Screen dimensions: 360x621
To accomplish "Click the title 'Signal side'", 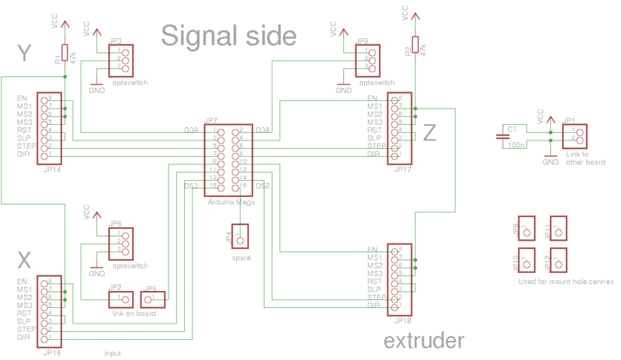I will tap(229, 36).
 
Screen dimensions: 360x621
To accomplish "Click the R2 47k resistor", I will tap(415, 47).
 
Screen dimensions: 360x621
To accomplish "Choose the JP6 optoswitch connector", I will tap(120, 243).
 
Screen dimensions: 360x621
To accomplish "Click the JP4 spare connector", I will tap(238, 235).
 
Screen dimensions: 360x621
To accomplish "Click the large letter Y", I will tap(23, 53).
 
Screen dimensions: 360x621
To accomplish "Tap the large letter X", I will tap(24, 259).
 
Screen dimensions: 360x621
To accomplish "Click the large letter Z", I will tap(429, 134).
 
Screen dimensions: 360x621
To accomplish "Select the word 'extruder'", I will tap(424, 340).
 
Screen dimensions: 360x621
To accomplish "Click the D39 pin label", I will tap(191, 130).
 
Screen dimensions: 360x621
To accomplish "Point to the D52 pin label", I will tap(262, 186).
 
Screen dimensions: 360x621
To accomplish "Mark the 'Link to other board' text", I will tap(585, 158).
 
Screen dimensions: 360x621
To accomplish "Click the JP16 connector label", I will tap(52, 352).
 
